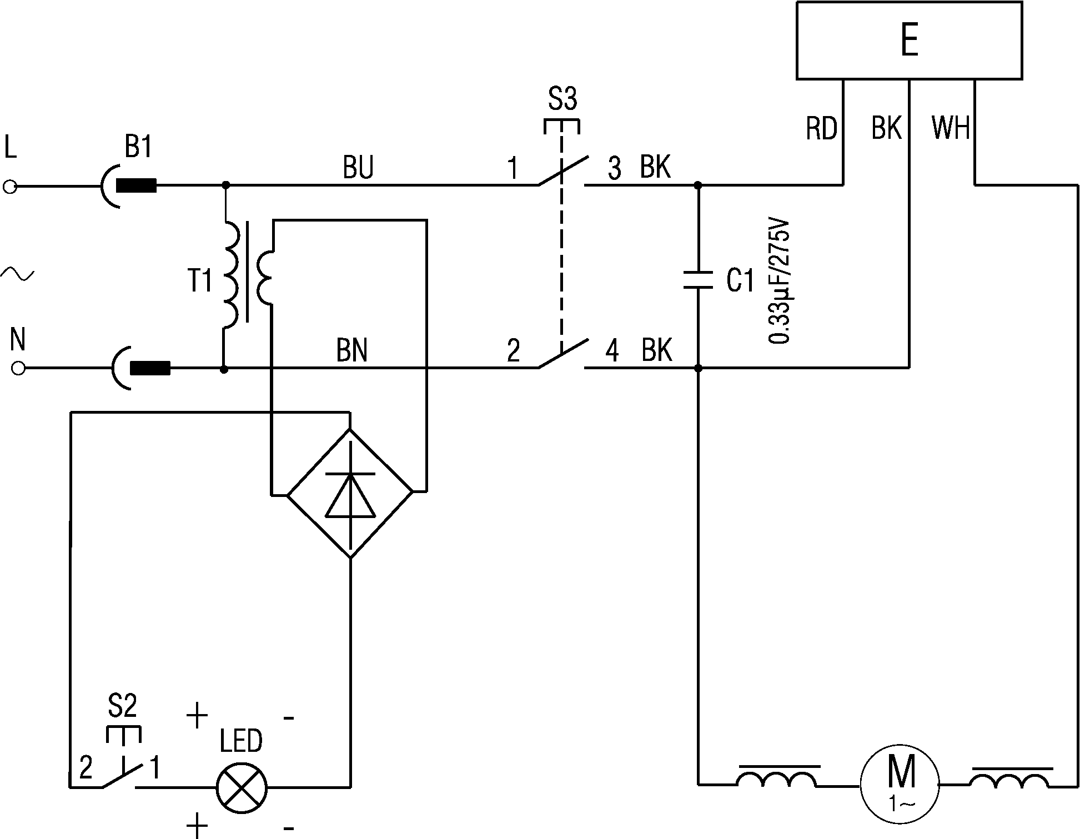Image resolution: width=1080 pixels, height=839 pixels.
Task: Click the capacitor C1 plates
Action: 698,279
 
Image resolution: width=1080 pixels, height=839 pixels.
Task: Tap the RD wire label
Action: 821,129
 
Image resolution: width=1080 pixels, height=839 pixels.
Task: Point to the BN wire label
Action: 352,350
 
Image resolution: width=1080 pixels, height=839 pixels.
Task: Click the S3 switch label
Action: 562,100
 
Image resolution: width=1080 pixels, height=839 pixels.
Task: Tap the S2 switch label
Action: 122,707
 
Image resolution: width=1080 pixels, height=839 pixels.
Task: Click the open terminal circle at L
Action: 11,187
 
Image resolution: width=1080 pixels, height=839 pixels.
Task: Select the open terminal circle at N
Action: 18,368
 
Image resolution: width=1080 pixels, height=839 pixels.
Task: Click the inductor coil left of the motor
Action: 777,777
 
